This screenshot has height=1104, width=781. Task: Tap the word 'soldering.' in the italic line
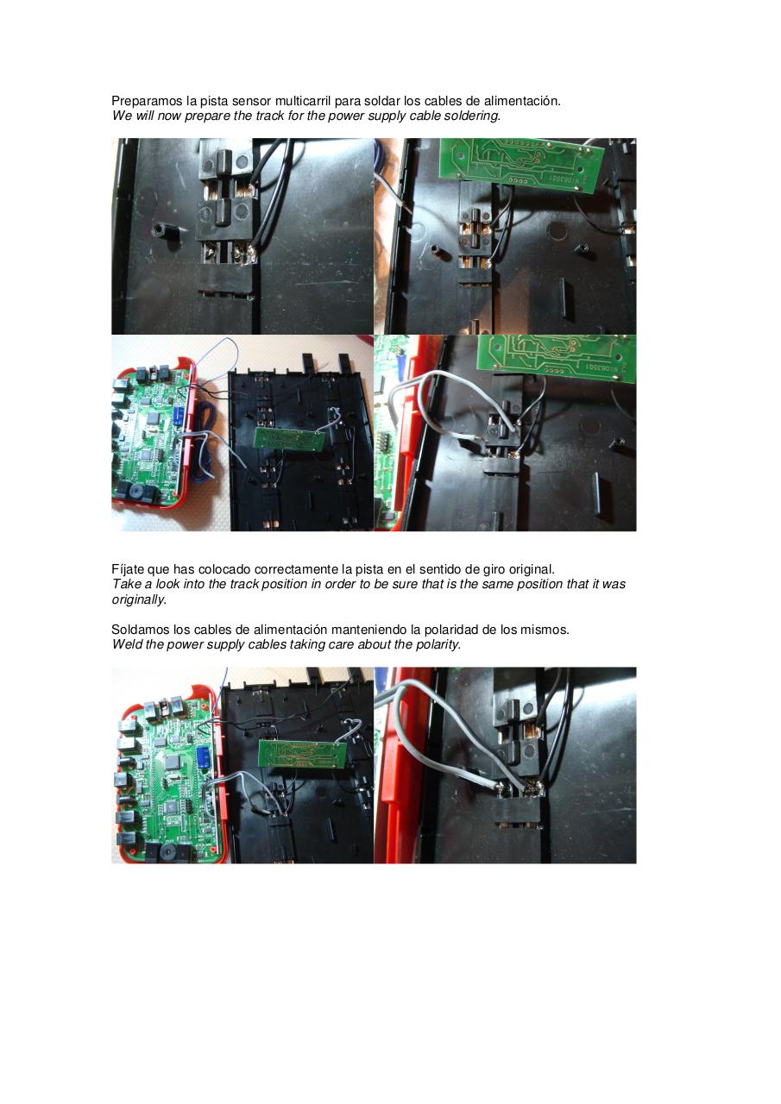(x=471, y=116)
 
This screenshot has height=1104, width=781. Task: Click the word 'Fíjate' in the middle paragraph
(x=128, y=569)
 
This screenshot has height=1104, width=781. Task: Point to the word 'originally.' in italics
(x=139, y=599)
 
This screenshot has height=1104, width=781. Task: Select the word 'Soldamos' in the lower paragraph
(x=139, y=630)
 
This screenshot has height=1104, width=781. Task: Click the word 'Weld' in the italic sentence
(x=126, y=644)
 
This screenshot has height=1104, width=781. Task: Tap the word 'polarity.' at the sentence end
(x=437, y=644)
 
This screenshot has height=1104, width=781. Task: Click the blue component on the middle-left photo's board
(x=176, y=415)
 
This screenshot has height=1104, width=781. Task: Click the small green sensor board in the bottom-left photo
(x=302, y=752)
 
